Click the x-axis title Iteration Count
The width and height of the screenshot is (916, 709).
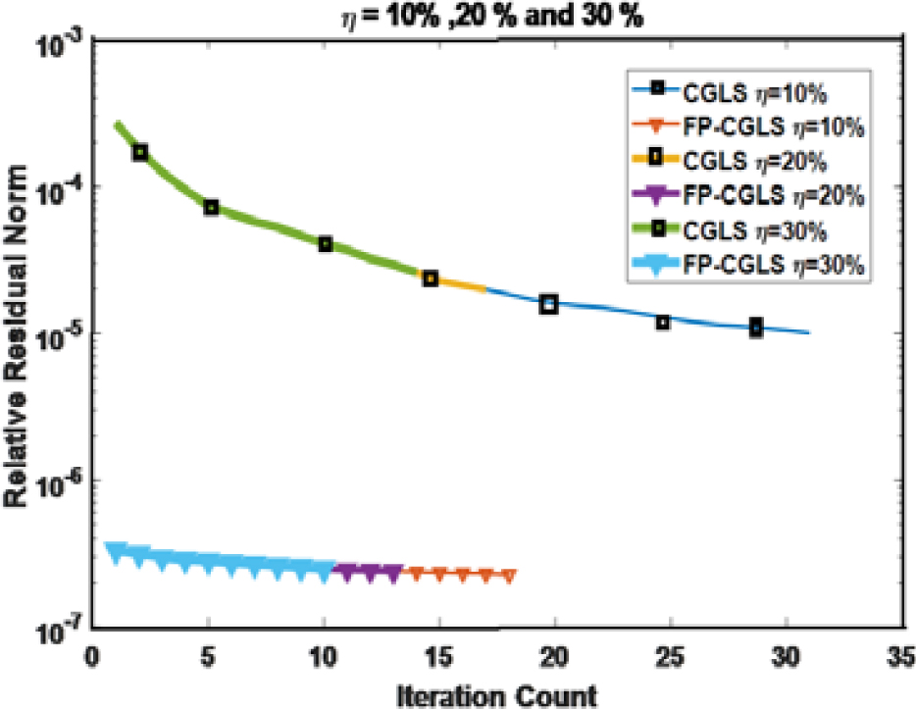[x=498, y=694]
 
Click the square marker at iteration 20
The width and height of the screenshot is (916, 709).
[x=549, y=304]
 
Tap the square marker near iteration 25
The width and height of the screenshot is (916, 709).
[x=663, y=322]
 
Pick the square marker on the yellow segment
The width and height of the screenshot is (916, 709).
[x=431, y=279]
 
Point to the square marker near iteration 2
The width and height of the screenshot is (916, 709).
[x=141, y=152]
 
